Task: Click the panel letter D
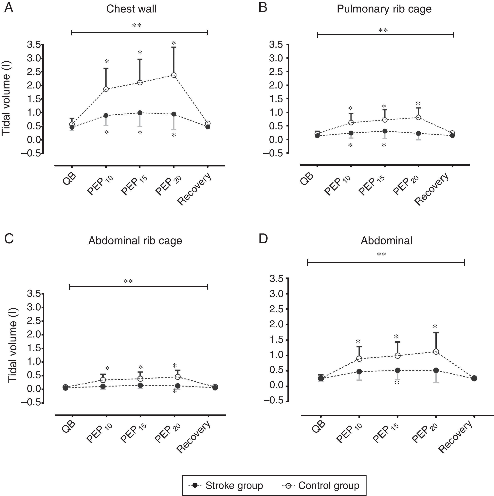(263, 238)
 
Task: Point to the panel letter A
(9, 8)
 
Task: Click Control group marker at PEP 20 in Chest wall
(174, 75)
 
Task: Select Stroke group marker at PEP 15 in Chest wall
(140, 113)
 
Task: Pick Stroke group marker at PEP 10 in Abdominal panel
(359, 372)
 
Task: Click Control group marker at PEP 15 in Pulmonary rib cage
(384, 120)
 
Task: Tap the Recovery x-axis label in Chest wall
(195, 189)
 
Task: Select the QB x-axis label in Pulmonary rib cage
(307, 179)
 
